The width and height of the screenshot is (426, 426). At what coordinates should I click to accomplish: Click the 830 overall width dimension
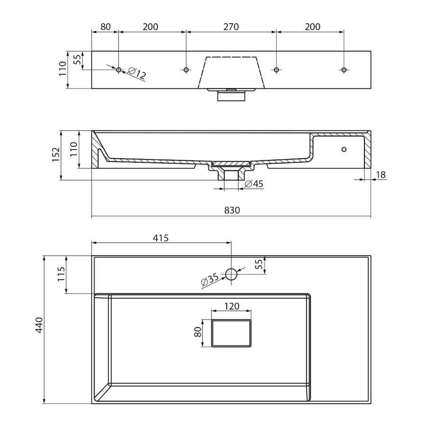click(x=232, y=211)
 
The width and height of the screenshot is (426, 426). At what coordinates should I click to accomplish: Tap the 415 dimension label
click(x=161, y=238)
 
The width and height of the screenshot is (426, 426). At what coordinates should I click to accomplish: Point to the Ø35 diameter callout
click(x=210, y=280)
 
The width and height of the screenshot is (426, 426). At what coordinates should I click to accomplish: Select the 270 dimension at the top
click(x=231, y=27)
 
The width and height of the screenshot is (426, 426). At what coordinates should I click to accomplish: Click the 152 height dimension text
click(x=56, y=155)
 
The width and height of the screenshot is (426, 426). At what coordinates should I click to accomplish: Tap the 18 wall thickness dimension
click(x=381, y=175)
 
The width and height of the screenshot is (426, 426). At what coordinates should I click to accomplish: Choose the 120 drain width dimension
click(x=231, y=306)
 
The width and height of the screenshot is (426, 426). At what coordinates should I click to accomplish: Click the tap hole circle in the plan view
click(x=231, y=274)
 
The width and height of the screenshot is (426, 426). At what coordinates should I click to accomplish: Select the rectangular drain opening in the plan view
click(x=231, y=333)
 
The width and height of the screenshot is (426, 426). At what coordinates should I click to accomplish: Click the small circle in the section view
click(x=344, y=150)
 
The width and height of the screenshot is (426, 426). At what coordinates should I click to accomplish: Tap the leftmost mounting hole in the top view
click(x=119, y=70)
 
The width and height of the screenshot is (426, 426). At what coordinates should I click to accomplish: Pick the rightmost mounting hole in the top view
click(x=344, y=70)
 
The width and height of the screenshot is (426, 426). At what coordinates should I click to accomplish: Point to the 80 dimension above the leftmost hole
click(x=105, y=27)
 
